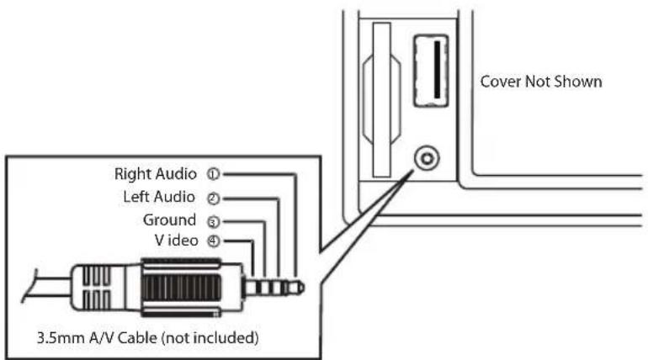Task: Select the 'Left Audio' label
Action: point(159,198)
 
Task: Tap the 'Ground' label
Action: point(168,220)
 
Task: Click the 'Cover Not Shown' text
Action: point(540,82)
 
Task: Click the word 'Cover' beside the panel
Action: point(498,82)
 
